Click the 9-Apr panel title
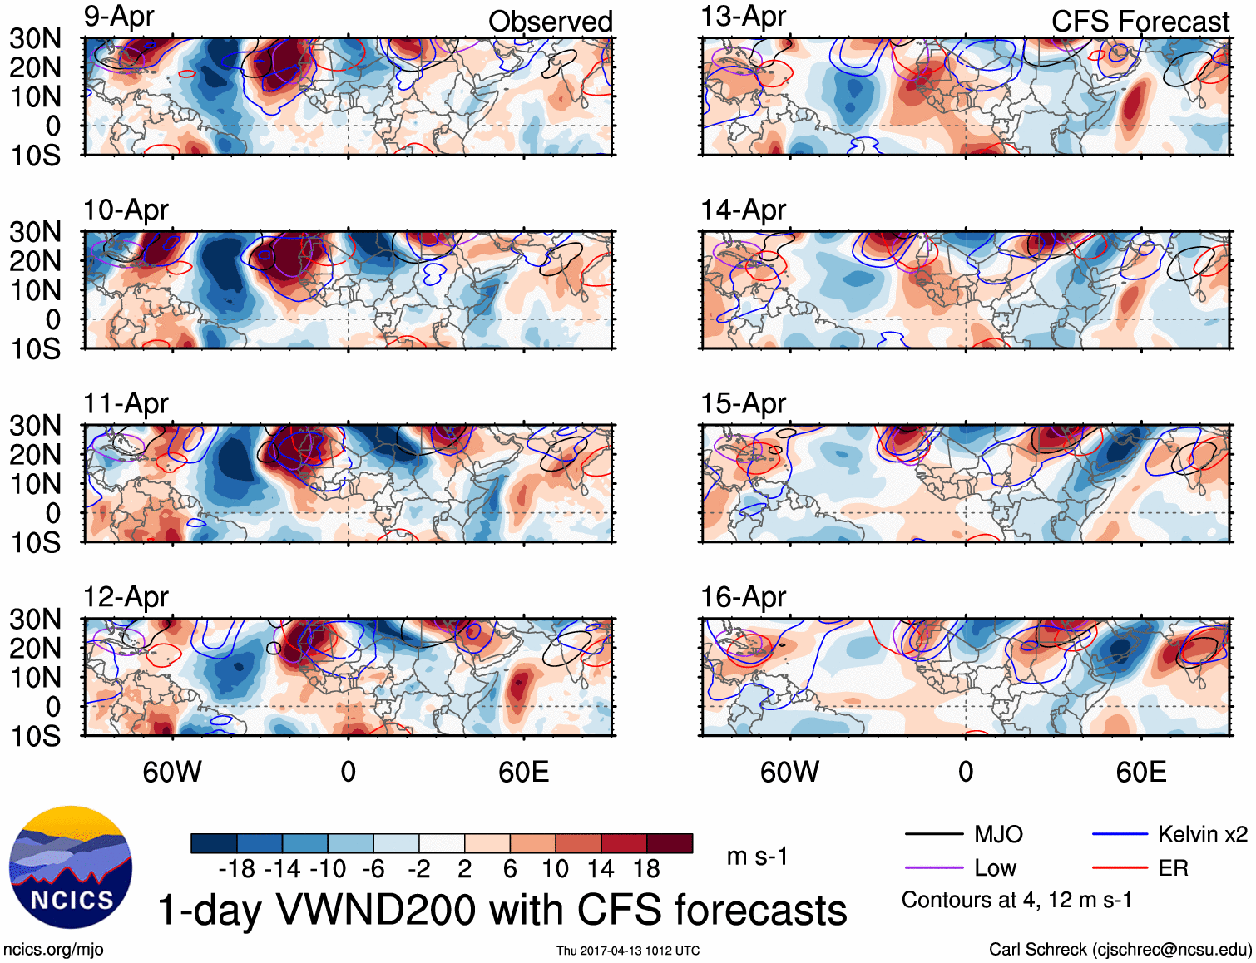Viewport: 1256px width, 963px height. pos(119,17)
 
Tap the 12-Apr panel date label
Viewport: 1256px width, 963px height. pos(126,597)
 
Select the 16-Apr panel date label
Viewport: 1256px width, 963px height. pos(743,597)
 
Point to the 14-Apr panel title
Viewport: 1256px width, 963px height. pos(743,210)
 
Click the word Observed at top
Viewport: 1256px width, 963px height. pos(550,22)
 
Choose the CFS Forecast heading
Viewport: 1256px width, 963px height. pos(1140,22)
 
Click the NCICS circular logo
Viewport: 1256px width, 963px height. pos(71,867)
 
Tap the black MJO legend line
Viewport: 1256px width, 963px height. pos(933,834)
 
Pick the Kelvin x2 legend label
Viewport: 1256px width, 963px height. pos(1202,834)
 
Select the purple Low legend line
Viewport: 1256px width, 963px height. pos(933,868)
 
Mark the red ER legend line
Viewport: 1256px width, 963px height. pos(1120,868)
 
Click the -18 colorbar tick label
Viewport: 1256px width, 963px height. pos(237,869)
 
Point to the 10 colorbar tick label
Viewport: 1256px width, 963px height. pos(555,869)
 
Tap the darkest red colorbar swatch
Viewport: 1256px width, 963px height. pos(670,843)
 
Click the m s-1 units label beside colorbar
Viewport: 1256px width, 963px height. pos(757,857)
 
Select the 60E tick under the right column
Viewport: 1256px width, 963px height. pos(1140,772)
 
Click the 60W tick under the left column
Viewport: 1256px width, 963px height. pos(172,772)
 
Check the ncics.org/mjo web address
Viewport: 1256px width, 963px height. pos(53,950)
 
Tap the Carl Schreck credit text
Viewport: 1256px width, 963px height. pos(1120,950)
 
